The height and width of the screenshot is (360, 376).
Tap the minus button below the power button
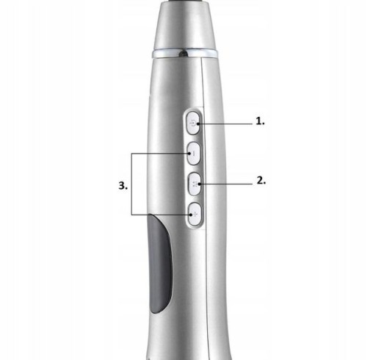coord(194,154)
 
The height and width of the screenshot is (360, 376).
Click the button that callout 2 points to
coord(195,184)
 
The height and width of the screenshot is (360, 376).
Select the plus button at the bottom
coord(195,215)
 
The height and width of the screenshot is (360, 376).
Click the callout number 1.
coord(260,121)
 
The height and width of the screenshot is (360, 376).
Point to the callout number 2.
coord(261,181)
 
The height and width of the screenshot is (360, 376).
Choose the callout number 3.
coord(123,186)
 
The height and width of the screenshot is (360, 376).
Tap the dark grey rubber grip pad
coord(160,264)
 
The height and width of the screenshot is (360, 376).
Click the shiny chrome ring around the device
coord(185,54)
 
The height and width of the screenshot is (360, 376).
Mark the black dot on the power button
coord(198,124)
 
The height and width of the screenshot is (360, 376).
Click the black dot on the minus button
coord(189,154)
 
